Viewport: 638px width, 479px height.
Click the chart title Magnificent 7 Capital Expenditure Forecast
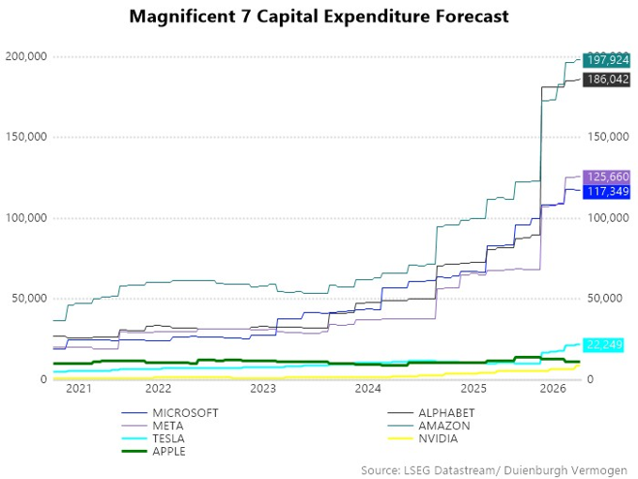[319, 16]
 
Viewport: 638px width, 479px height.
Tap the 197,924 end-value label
[607, 60]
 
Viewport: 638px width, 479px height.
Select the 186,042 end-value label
[607, 80]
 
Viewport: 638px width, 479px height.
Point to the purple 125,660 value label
[607, 176]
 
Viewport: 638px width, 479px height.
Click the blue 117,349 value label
[607, 192]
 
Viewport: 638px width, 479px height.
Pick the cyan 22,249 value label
[603, 345]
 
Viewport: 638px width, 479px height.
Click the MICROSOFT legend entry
[170, 413]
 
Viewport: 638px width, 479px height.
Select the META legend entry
[153, 426]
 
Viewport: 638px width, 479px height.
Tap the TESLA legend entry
[153, 438]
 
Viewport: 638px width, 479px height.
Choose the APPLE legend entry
[154, 451]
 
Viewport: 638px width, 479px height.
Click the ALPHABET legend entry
[431, 413]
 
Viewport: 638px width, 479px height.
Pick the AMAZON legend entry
[429, 426]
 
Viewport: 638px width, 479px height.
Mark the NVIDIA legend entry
[423, 438]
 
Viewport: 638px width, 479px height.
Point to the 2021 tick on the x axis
[78, 389]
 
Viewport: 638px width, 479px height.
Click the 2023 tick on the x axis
[262, 389]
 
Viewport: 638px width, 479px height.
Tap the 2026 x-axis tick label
[553, 389]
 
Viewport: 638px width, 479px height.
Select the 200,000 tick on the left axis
[26, 56]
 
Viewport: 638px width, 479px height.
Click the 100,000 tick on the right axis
[608, 218]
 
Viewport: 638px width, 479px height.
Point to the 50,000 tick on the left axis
[29, 299]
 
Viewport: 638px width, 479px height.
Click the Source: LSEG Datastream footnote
[494, 470]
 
